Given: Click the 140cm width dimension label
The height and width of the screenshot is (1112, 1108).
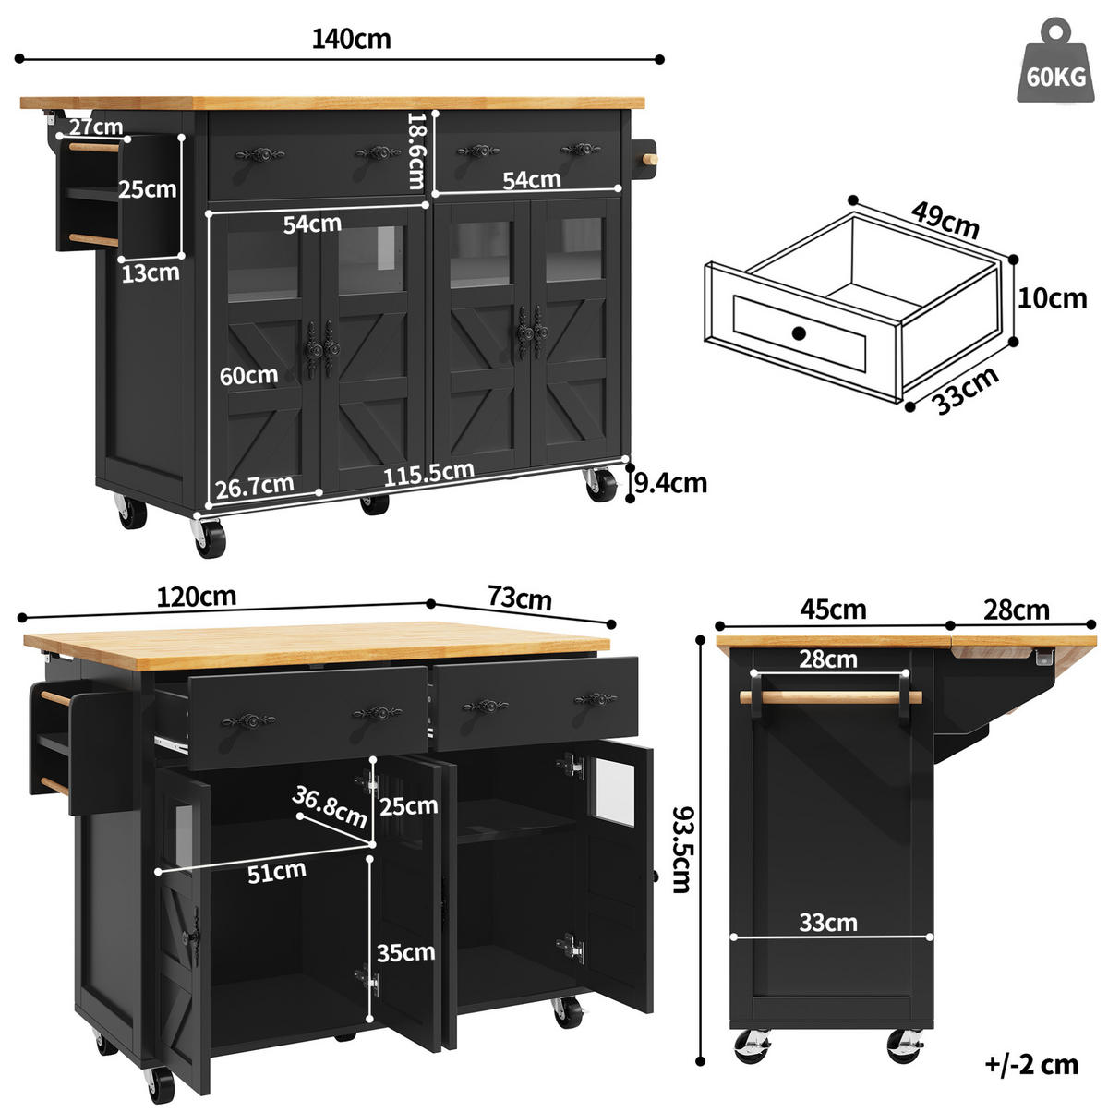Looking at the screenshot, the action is tap(351, 39).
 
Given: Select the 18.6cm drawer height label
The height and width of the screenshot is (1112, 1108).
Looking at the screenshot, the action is tap(416, 151).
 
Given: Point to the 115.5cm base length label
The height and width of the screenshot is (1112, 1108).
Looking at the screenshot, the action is tap(428, 473).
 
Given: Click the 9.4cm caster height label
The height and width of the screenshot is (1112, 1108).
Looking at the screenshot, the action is tap(670, 483).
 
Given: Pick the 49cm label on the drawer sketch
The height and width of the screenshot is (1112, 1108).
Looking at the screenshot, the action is tap(945, 220).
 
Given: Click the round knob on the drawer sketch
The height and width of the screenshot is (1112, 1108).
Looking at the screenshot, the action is tap(799, 333).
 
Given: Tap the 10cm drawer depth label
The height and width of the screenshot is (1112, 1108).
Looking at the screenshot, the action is tap(1052, 298).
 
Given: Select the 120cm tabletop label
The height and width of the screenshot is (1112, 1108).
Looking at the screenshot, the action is tap(196, 597).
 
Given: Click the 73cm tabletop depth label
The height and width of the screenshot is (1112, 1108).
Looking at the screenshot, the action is tap(519, 598).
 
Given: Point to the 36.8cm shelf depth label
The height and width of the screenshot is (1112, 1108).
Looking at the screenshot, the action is tap(330, 806).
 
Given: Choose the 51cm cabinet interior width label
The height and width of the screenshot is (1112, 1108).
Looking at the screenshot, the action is tap(276, 873).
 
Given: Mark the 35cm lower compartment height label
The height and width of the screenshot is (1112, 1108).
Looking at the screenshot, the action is tap(405, 952).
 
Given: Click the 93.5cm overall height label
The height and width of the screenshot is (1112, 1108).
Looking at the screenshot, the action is tap(683, 850).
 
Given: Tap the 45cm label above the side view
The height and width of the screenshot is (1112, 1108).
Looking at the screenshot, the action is tap(833, 610).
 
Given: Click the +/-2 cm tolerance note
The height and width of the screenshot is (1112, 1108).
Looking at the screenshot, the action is tap(1032, 1065).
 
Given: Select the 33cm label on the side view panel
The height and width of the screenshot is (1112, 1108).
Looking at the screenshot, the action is tap(828, 923).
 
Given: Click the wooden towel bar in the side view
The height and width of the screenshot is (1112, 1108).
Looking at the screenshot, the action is tap(830, 697).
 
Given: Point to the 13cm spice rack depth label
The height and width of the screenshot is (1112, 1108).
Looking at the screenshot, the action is tap(150, 273).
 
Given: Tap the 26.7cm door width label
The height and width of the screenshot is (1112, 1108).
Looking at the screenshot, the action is tap(255, 486).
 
